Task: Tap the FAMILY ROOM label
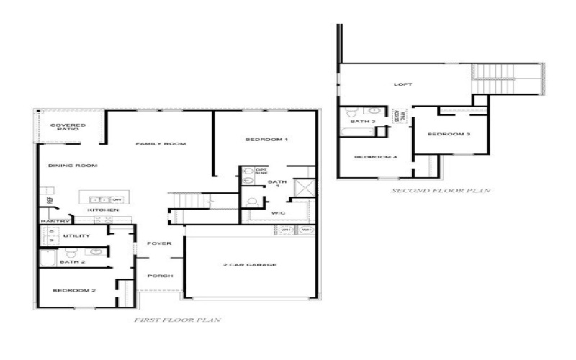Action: coord(161,144)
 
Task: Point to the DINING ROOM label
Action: coord(72,166)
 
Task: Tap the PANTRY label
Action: coord(54,221)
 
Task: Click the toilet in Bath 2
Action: coord(71,253)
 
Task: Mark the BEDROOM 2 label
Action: coord(74,290)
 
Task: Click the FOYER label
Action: coord(159,243)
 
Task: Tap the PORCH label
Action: coord(159,276)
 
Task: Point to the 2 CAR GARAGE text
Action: coord(250,265)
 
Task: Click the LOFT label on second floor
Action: coord(403,84)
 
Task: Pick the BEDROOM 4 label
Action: coord(375,156)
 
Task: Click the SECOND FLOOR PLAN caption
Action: coord(441,191)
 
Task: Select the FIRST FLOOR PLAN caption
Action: coord(177,319)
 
